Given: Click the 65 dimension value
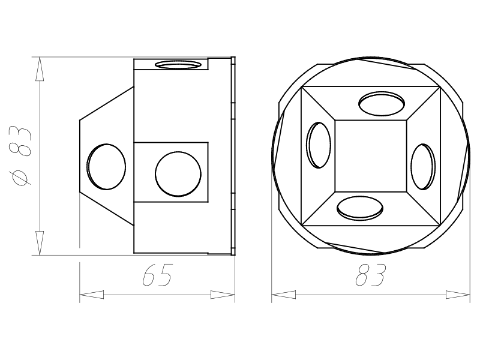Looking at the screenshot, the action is [x=158, y=275].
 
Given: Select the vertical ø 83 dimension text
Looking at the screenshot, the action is [x=20, y=156].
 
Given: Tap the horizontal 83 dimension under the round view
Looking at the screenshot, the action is [x=371, y=275].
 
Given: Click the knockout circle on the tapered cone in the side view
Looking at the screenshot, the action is [x=106, y=167].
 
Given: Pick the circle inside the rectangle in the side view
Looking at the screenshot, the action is [x=178, y=174].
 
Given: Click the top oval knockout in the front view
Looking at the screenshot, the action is [x=382, y=103].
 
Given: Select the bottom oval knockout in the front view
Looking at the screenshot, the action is [x=360, y=208].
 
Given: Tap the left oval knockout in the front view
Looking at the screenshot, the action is [x=319, y=145].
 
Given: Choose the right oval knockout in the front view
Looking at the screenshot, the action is [x=423, y=167].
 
